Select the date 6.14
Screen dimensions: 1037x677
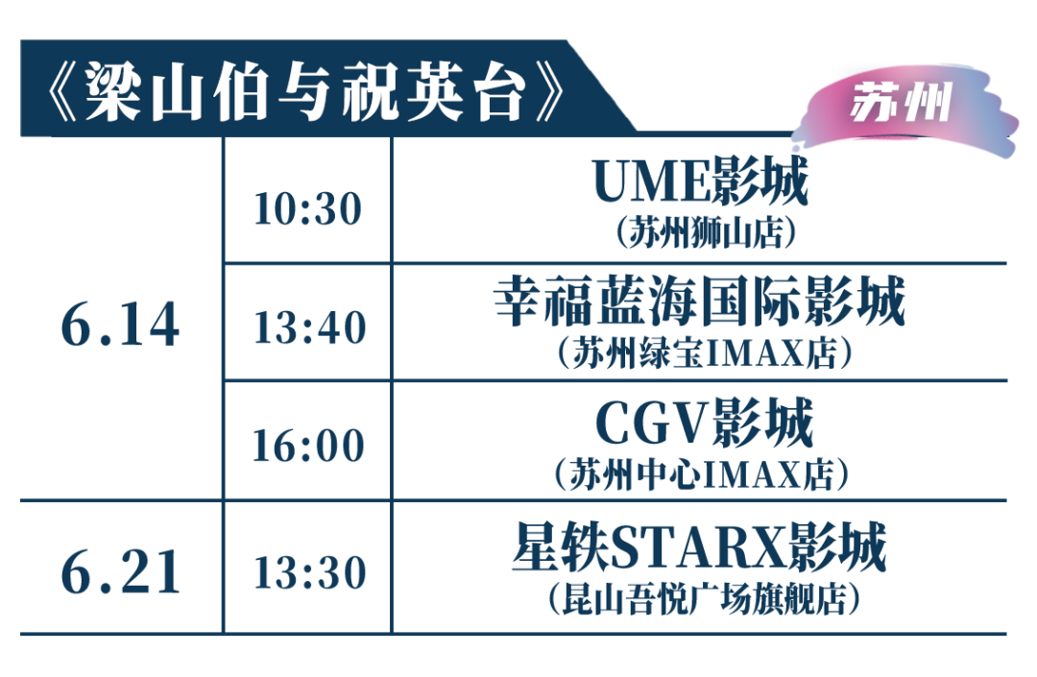pos(120,325)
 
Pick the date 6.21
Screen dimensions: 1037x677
pos(120,572)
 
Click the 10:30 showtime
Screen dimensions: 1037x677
pos(308,209)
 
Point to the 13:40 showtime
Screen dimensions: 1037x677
pos(310,327)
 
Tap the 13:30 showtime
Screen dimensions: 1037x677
pos(310,572)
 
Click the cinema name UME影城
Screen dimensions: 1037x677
pos(701,181)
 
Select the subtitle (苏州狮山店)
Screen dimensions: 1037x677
pos(705,232)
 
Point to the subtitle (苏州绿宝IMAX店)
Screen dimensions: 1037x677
pos(705,352)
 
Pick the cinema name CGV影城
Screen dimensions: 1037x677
pos(704,423)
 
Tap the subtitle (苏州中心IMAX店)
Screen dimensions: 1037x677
pos(702,474)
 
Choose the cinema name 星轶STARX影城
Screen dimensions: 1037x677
pos(700,546)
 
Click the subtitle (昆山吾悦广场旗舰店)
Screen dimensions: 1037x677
pos(704,598)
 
